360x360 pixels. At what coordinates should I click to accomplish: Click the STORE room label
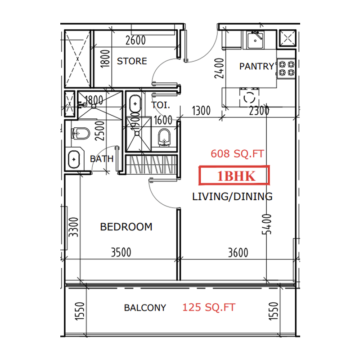coord(132,61)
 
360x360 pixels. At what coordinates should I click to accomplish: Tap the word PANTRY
coord(256,67)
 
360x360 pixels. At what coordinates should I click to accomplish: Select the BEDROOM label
coord(126,227)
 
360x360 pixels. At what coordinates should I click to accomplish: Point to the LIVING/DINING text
coord(232,197)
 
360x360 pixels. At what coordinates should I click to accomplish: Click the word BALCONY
coord(145,308)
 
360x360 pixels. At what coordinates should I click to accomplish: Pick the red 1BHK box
coord(234,175)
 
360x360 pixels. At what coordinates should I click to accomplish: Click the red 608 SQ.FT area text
coord(237,154)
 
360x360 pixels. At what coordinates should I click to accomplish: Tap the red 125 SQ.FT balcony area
coord(209,308)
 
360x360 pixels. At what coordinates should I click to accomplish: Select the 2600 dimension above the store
coord(135,40)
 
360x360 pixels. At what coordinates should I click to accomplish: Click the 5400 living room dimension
coord(268,225)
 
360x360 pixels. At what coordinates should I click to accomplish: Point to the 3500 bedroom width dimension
coord(121,252)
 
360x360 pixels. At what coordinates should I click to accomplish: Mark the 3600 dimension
coord(238,252)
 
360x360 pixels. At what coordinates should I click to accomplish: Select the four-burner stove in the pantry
coord(286,68)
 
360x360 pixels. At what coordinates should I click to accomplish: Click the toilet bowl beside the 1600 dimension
coord(165,137)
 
